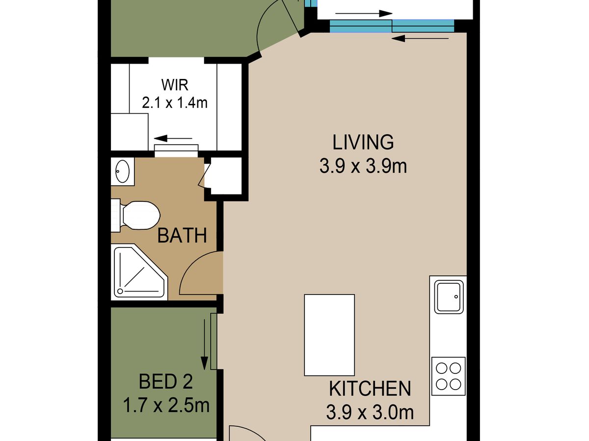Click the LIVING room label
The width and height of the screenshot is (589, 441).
click(x=363, y=142)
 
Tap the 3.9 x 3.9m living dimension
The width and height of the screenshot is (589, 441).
click(x=363, y=166)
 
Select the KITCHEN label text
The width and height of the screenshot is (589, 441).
click(x=370, y=389)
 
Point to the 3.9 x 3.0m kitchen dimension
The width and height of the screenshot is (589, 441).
click(x=370, y=413)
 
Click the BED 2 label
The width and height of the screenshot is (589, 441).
click(x=165, y=382)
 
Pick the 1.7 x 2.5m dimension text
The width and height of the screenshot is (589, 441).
click(x=166, y=405)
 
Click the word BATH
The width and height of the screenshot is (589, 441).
click(x=182, y=236)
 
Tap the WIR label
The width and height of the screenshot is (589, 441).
click(x=175, y=85)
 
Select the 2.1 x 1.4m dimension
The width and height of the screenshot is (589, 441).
click(x=175, y=102)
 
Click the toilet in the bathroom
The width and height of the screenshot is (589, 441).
click(x=135, y=215)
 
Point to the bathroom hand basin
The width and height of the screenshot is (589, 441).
click(x=122, y=171)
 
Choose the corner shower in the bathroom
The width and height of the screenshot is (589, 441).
click(x=139, y=272)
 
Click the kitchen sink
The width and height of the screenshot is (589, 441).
click(x=449, y=297)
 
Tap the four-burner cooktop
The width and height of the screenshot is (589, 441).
click(x=448, y=376)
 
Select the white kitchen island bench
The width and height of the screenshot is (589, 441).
click(x=329, y=335)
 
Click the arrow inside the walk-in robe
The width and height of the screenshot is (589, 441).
click(x=173, y=139)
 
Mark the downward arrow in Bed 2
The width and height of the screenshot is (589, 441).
click(x=205, y=344)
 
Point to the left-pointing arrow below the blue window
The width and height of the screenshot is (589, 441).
click(x=420, y=39)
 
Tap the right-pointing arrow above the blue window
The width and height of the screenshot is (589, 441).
click(x=364, y=13)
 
